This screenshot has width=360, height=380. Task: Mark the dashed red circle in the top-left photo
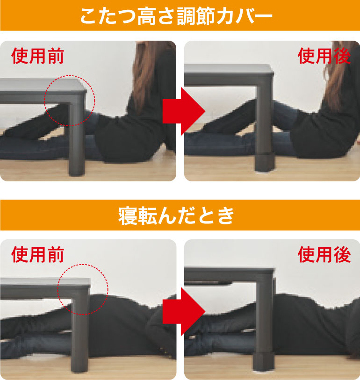pyautogui.click(x=70, y=99)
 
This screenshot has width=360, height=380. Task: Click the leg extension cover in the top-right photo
pyautogui.click(x=264, y=161)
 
